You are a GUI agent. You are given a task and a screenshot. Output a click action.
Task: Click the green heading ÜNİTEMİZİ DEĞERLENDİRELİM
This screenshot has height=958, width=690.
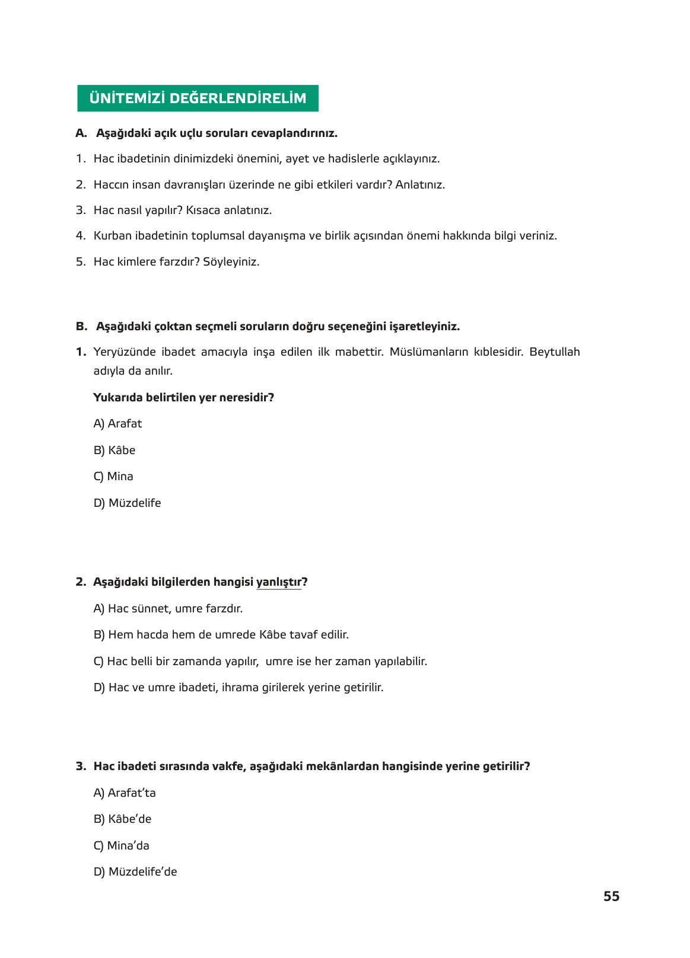tap(198, 98)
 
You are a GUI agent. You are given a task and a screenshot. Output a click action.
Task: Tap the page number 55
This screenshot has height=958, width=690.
tap(611, 896)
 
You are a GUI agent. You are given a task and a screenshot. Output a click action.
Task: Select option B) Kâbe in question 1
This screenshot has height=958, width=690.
tap(115, 451)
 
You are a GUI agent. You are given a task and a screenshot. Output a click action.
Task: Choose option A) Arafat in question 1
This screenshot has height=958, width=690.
tap(117, 424)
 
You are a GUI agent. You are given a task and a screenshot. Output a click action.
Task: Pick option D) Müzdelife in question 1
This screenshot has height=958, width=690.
tap(127, 503)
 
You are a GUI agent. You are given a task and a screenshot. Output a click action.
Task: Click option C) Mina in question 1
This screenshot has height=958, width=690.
tap(113, 477)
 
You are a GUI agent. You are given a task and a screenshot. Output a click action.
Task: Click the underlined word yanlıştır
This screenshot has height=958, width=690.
tap(278, 582)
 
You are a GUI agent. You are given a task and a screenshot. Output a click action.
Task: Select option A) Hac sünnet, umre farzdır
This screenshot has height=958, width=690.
tap(168, 609)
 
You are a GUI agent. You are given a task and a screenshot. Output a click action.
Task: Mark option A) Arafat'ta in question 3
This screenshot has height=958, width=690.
tap(125, 793)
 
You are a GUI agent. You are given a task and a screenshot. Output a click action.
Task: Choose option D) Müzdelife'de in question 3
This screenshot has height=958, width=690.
tap(135, 872)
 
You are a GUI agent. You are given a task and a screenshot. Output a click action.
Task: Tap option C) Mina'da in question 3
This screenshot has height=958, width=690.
tap(122, 846)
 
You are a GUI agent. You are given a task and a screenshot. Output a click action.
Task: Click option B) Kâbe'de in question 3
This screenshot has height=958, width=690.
tap(122, 819)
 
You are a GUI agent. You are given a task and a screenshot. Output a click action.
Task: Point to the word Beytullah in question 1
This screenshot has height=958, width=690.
tap(554, 352)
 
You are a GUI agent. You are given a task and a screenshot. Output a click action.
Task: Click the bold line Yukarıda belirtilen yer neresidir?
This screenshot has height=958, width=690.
tap(183, 398)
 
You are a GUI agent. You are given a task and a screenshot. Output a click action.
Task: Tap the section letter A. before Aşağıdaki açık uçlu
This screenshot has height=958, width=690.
tap(81, 133)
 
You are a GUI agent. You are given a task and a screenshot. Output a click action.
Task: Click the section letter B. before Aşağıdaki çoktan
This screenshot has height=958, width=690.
tap(81, 327)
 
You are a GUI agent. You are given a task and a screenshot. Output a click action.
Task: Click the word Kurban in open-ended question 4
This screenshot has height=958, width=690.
tap(112, 236)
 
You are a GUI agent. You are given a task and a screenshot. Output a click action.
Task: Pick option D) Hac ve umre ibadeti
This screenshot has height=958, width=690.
tap(239, 688)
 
